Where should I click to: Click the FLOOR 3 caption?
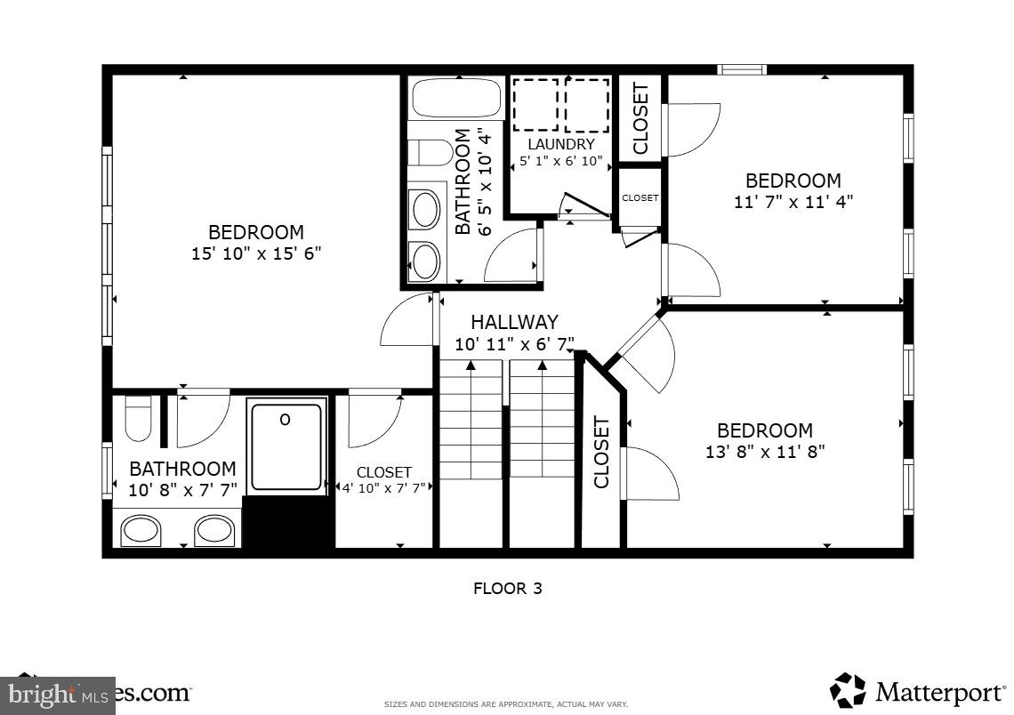pos(507,588)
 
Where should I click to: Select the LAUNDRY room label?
pos(560,144)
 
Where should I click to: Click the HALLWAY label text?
pos(514,322)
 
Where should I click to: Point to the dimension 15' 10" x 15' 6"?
pos(255,253)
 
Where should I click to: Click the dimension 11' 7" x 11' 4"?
pos(793,201)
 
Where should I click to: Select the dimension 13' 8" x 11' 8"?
pos(765,451)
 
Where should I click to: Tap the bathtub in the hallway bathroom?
pos(457,98)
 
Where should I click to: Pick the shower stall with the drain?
pos(286,446)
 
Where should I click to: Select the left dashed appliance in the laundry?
pos(535,105)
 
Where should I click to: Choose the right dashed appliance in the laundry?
pos(587,105)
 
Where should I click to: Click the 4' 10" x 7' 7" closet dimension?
pos(384,487)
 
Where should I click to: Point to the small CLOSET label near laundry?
pos(640,197)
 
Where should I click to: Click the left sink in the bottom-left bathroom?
pos(141,531)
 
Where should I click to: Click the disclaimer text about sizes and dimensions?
pos(505,704)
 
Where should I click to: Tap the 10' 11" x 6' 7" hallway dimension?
pos(514,343)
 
